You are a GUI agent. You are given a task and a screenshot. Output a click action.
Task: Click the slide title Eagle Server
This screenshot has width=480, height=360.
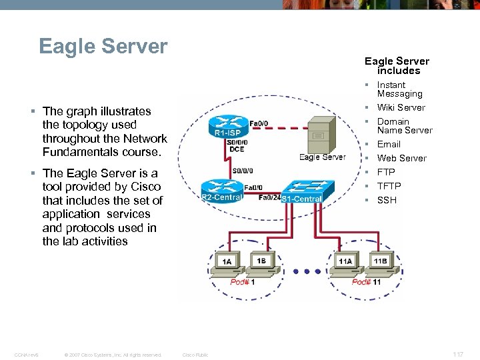click(103, 47)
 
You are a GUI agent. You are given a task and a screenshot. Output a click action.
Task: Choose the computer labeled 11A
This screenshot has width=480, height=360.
click(345, 263)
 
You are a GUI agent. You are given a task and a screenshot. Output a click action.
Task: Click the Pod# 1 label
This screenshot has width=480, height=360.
click(243, 282)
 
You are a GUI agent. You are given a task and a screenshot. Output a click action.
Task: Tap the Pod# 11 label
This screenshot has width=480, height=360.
click(366, 282)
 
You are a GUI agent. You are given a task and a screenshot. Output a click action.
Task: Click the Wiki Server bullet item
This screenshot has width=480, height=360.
click(401, 107)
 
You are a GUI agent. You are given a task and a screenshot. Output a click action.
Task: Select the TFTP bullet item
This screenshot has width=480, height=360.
click(389, 186)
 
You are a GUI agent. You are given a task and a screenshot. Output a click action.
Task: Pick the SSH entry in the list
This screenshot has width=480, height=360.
click(387, 200)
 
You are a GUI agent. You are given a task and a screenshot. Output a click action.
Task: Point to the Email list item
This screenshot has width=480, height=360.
click(389, 144)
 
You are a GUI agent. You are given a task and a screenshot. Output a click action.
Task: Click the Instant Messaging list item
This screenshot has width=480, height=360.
click(399, 89)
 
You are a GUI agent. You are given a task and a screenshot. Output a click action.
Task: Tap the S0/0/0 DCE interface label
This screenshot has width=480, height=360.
click(237, 145)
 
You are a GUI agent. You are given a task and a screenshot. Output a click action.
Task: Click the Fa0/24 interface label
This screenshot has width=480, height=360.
click(269, 197)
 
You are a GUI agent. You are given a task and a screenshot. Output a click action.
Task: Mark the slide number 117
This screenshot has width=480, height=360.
click(457, 355)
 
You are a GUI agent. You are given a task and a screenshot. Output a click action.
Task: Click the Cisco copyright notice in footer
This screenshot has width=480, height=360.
click(113, 355)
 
